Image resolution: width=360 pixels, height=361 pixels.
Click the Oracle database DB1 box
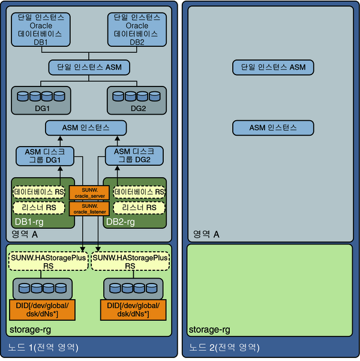pos(41,29)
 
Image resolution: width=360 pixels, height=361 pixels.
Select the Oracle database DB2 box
pos(137,29)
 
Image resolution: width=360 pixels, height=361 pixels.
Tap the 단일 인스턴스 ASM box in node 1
pos(89,67)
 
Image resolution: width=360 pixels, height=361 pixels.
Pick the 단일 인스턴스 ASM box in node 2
pos(273,67)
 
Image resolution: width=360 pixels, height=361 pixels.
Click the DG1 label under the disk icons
pos(43,109)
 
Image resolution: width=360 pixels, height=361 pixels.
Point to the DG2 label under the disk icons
pos(138,109)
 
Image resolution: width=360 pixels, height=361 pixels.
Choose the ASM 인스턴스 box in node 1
pos(86,128)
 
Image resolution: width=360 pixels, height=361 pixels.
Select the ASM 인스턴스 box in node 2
pos(273,128)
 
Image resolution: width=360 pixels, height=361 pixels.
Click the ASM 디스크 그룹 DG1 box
pos(45,156)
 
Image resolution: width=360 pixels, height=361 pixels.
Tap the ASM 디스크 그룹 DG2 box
pos(134,156)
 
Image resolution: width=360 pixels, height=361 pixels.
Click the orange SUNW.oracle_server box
pos(89,193)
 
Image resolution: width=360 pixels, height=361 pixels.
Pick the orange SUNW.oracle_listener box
pos(89,209)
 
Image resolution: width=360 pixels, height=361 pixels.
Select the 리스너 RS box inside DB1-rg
pos(39,208)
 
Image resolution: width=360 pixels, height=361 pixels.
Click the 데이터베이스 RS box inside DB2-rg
pos(139,192)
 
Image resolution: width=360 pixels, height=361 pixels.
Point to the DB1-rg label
pos(29,222)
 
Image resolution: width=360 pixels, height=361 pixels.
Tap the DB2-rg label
pos(121,222)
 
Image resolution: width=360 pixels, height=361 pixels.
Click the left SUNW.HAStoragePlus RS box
pos(49,261)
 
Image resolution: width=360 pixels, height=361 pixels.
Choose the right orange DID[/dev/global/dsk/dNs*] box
pos(133,310)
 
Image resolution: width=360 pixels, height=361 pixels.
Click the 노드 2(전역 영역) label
pos(224,347)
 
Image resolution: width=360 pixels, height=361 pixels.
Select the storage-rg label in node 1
pos(30,330)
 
